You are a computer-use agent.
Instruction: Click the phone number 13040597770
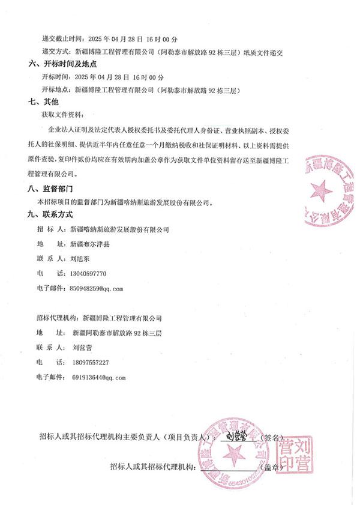[88, 273]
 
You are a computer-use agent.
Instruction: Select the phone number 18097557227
[91, 362]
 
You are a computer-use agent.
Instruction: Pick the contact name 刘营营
[82, 347]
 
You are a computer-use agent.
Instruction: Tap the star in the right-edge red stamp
[321, 192]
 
